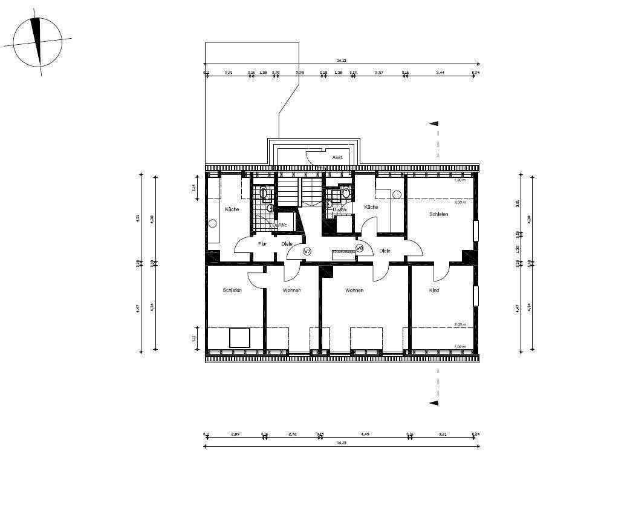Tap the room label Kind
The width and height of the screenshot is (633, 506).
(433, 291)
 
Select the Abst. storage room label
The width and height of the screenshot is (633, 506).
(337, 157)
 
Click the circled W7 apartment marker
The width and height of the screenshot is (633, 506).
(307, 251)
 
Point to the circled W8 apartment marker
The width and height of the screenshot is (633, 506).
(359, 248)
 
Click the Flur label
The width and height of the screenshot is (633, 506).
(262, 244)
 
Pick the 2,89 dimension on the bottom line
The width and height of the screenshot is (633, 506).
(235, 434)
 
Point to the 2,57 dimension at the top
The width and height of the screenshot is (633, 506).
(379, 73)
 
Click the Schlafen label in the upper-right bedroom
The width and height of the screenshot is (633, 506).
(438, 214)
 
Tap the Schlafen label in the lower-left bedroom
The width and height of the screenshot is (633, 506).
(232, 291)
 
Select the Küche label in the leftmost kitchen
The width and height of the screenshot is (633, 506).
(232, 209)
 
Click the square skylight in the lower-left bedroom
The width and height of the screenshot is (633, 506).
(240, 337)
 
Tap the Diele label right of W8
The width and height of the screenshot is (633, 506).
(385, 251)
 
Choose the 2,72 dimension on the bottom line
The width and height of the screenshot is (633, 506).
(293, 434)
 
